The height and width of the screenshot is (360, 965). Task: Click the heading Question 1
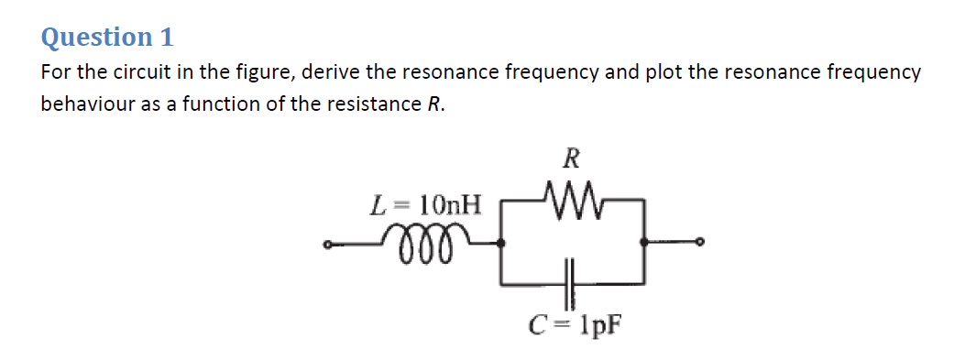(107, 38)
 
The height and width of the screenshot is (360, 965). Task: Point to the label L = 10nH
(425, 204)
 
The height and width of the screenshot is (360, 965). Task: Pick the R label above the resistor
(570, 158)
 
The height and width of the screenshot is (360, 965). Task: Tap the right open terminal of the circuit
(701, 243)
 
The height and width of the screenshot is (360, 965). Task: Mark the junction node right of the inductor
(500, 243)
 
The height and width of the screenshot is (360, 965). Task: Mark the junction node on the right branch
(646, 243)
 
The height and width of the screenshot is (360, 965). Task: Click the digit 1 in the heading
(166, 38)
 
